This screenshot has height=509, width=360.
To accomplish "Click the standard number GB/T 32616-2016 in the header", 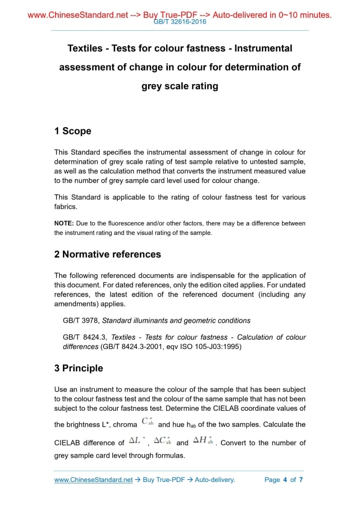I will (x=180, y=22).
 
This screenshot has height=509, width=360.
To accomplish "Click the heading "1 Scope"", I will (x=73, y=131).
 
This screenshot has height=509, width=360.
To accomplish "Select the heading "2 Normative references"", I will (x=108, y=254).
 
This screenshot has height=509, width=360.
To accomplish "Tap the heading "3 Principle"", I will (x=78, y=368).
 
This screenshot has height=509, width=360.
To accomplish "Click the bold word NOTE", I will (x=63, y=223).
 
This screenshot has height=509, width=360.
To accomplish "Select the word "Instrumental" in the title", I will (x=263, y=48).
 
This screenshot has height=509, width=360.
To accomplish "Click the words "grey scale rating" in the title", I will (x=180, y=86).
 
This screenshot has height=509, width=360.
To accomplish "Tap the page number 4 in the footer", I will (x=285, y=479).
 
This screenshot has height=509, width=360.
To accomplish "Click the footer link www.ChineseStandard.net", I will (x=94, y=479).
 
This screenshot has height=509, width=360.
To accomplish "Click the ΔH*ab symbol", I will (x=204, y=441).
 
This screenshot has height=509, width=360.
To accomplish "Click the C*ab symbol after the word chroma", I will (x=148, y=422).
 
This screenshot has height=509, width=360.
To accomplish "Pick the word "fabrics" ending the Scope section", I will (x=65, y=207).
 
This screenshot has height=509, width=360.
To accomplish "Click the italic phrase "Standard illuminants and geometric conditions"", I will (x=176, y=320).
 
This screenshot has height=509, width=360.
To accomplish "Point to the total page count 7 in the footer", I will (x=301, y=479).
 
